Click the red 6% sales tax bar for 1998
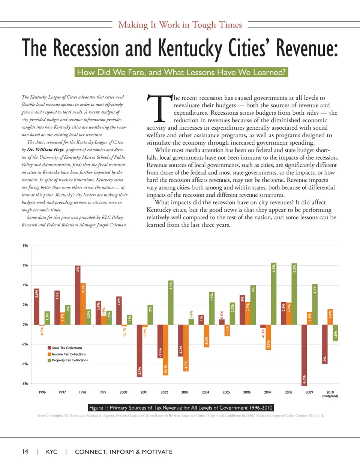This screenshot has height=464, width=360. click(x=78, y=295)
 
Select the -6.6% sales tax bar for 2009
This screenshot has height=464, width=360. click(x=304, y=355)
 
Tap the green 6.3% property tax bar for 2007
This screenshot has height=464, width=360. click(x=274, y=293)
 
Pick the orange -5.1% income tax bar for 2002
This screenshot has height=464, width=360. click(x=165, y=350)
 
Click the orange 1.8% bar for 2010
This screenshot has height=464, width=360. click(x=330, y=317)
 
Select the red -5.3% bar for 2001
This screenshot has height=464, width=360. click(x=139, y=350)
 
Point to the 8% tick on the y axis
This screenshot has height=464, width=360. click(x=25, y=246)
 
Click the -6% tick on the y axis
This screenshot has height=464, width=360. click(x=25, y=383)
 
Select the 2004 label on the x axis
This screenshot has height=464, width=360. click(x=205, y=392)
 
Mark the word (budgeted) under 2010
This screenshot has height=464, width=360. click(x=330, y=396)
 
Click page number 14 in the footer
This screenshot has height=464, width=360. click(x=25, y=452)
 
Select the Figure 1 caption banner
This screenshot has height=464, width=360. click(x=181, y=408)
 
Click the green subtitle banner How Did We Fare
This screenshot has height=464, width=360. click(x=181, y=72)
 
